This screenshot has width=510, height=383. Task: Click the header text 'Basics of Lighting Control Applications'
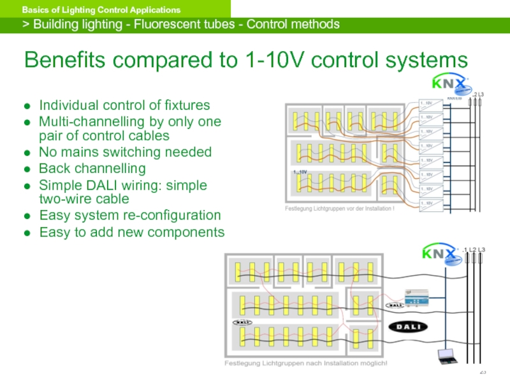pyautogui.click(x=101, y=10)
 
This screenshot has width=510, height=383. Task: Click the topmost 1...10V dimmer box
pyautogui.click(x=428, y=103)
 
